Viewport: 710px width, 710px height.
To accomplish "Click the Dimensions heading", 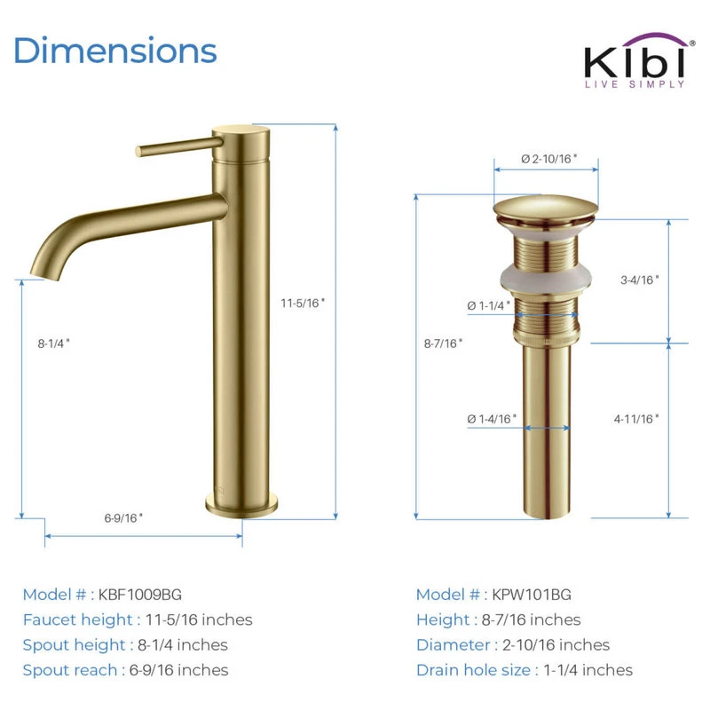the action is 115,51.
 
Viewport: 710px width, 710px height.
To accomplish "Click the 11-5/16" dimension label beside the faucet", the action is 303,303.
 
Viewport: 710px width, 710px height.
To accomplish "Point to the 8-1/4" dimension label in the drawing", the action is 53,343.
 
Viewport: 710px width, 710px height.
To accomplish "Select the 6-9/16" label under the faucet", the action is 123,517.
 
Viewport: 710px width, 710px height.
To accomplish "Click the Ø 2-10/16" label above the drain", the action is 548,159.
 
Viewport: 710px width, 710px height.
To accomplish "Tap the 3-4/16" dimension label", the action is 639,280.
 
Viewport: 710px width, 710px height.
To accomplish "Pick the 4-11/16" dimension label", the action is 636,419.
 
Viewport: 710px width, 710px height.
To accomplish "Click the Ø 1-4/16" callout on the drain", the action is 492,419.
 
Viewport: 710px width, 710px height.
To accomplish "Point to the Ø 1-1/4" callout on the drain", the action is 489,305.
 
